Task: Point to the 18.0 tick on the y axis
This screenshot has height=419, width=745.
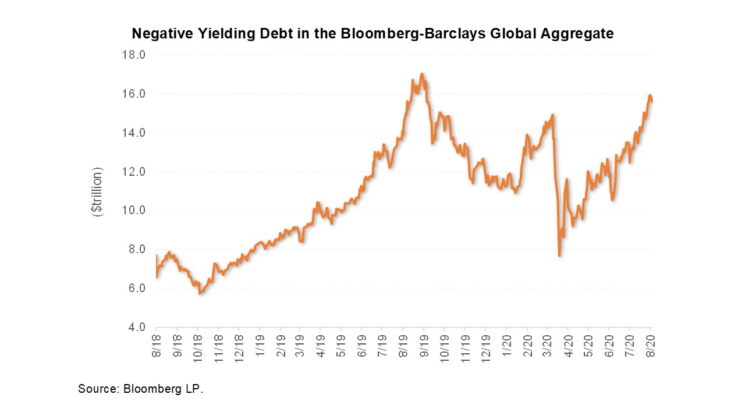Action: pos(133,55)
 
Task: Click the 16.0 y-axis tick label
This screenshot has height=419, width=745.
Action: pos(133,94)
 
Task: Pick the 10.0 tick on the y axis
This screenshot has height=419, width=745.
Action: pos(133,210)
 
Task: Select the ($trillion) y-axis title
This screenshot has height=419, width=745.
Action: pos(97,192)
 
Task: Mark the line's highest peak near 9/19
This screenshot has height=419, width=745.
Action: pos(422,74)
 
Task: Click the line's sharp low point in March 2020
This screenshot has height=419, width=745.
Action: pos(559,255)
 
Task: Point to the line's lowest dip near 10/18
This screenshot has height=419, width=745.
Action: pos(200,294)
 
